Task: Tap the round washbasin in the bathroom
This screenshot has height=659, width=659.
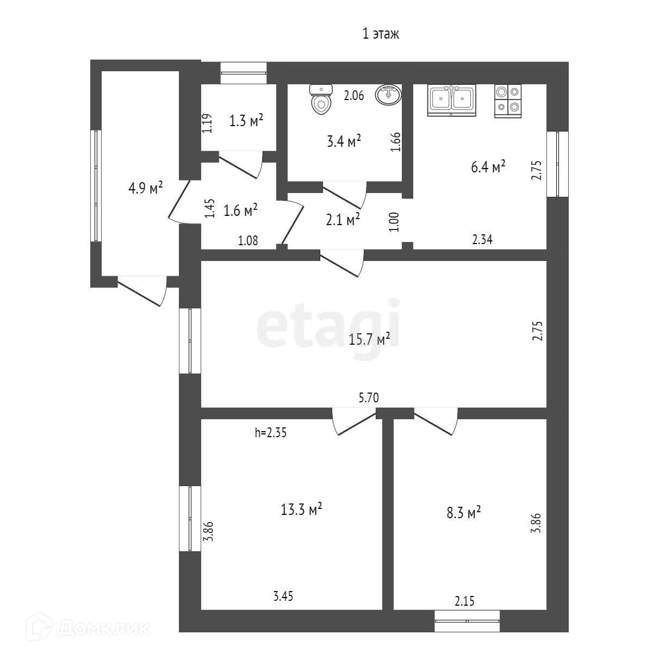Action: click(388, 95)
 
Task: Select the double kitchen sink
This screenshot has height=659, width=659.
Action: click(451, 100)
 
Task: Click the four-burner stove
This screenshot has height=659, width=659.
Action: click(508, 101)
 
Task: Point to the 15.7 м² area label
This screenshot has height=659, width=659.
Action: click(370, 339)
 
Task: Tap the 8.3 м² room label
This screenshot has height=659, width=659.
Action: click(464, 512)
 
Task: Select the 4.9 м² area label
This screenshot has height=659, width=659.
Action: click(146, 189)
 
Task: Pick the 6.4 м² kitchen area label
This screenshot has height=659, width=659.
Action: click(488, 166)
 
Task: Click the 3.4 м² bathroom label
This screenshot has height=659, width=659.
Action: click(344, 142)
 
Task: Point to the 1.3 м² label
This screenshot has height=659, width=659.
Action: click(246, 121)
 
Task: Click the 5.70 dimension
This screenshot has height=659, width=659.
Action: click(369, 399)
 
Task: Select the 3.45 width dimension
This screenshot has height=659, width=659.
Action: click(283, 596)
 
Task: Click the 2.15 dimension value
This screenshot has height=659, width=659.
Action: click(464, 601)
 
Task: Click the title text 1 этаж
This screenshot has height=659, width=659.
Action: click(381, 34)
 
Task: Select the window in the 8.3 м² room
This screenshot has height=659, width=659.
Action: click(467, 620)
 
